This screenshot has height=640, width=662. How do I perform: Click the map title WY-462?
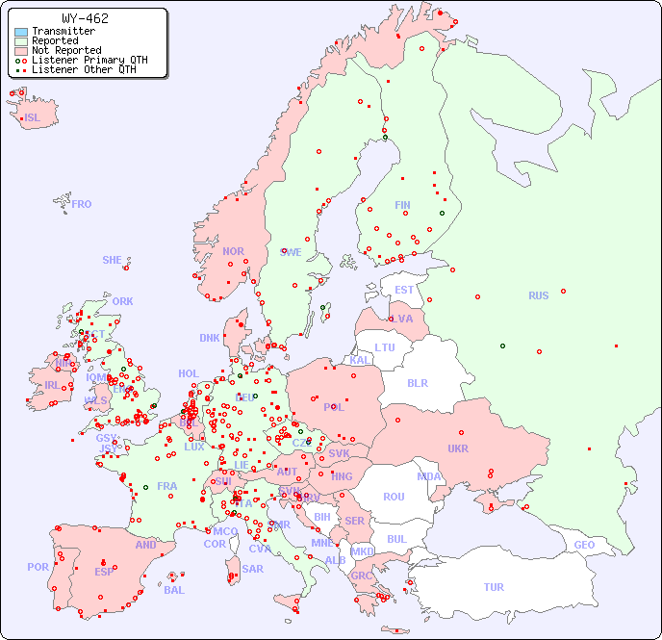[85, 18]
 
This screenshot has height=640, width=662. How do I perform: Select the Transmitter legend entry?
[63, 32]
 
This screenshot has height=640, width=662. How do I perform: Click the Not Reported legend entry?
[65, 50]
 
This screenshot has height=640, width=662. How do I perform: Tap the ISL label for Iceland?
[33, 118]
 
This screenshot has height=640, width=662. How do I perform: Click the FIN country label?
[402, 205]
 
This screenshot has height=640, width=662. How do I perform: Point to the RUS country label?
[538, 295]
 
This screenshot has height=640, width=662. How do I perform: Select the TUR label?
[494, 587]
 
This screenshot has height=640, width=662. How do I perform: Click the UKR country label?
[457, 448]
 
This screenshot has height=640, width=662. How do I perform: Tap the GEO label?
[584, 545]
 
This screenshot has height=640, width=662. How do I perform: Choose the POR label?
[38, 567]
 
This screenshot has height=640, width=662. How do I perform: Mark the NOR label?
[233, 251]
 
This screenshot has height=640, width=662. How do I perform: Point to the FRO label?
[82, 204]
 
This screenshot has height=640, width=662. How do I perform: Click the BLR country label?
[417, 382]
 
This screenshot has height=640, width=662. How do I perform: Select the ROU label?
[394, 497]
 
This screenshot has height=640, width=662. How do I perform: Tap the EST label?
[404, 290]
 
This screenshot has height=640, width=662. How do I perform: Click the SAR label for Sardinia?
[252, 569]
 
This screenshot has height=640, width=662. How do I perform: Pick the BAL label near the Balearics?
[173, 590]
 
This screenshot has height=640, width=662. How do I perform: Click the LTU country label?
[385, 347]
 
